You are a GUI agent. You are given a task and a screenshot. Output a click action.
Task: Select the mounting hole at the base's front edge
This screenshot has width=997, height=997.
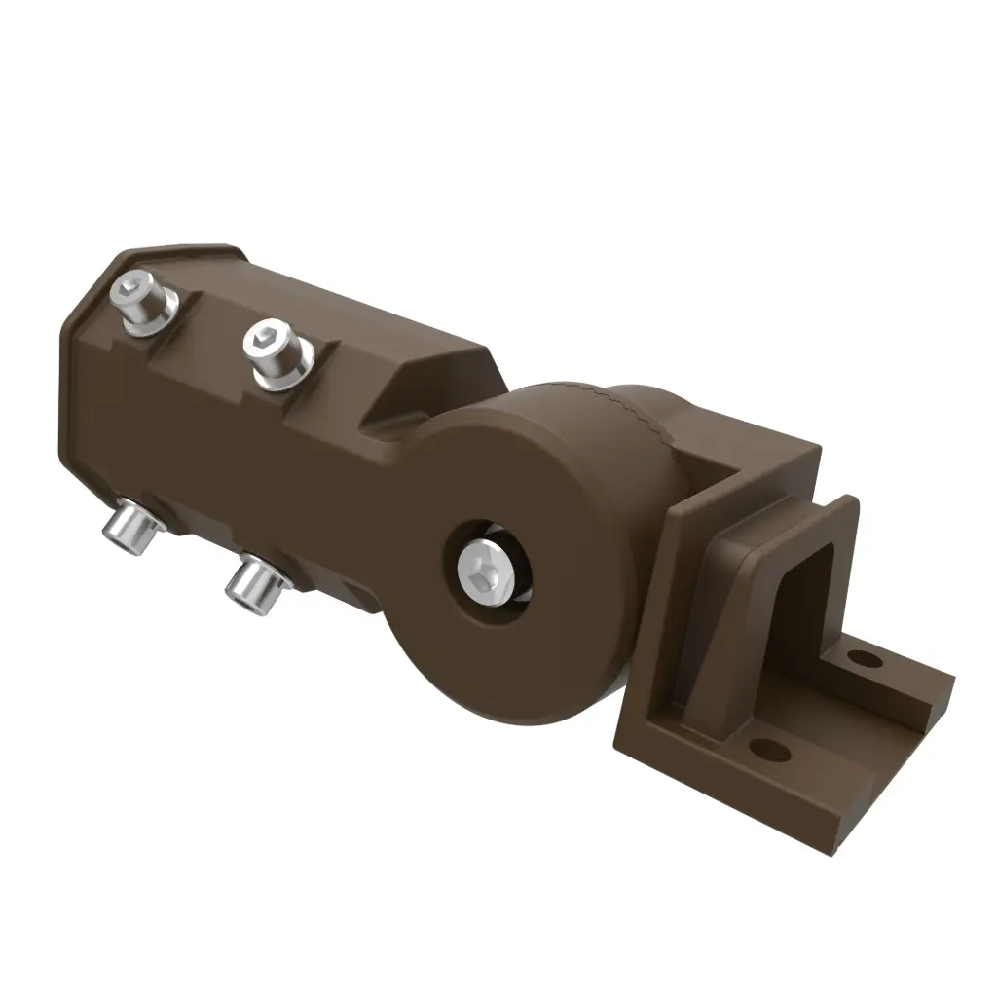(x=770, y=748)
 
